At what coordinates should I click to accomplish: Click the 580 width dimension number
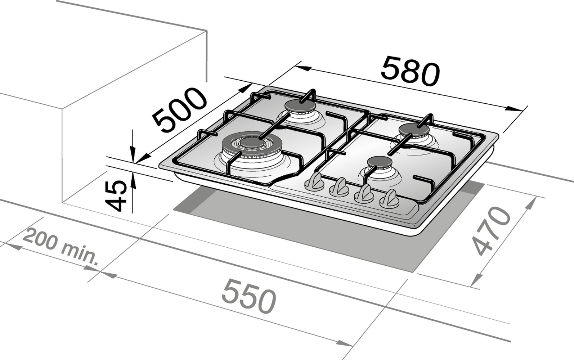tap(410, 71)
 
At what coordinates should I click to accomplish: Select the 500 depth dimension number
tap(179, 111)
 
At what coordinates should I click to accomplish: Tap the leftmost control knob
tap(314, 182)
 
